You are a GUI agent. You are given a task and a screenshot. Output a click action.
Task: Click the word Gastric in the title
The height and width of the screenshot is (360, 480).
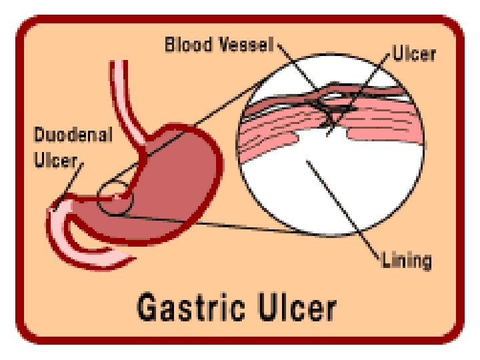pos(191,307)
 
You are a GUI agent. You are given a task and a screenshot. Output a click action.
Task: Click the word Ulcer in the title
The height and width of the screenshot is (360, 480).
pos(296,307)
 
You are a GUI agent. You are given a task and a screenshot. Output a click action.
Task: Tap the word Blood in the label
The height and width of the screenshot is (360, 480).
pos(189,45)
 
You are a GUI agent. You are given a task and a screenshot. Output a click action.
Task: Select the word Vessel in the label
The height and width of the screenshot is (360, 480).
pos(247,45)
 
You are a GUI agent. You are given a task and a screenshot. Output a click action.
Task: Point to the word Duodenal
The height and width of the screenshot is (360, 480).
pos(73,135)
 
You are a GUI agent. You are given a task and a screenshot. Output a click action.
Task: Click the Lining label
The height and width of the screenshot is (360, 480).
pos(407,261)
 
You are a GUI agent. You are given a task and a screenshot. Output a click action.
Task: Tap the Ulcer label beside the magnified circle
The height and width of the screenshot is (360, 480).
pos(414,53)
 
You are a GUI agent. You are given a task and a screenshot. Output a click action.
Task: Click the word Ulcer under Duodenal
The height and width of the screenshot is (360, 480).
pos(55,159)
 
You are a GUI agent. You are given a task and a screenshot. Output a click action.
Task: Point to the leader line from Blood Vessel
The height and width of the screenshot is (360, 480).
pos(296,65)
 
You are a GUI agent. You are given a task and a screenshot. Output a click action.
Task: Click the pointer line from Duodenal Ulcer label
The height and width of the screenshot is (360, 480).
pos(69,186)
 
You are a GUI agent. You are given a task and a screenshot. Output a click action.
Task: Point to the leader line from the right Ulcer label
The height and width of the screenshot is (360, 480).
pos(358,95)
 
